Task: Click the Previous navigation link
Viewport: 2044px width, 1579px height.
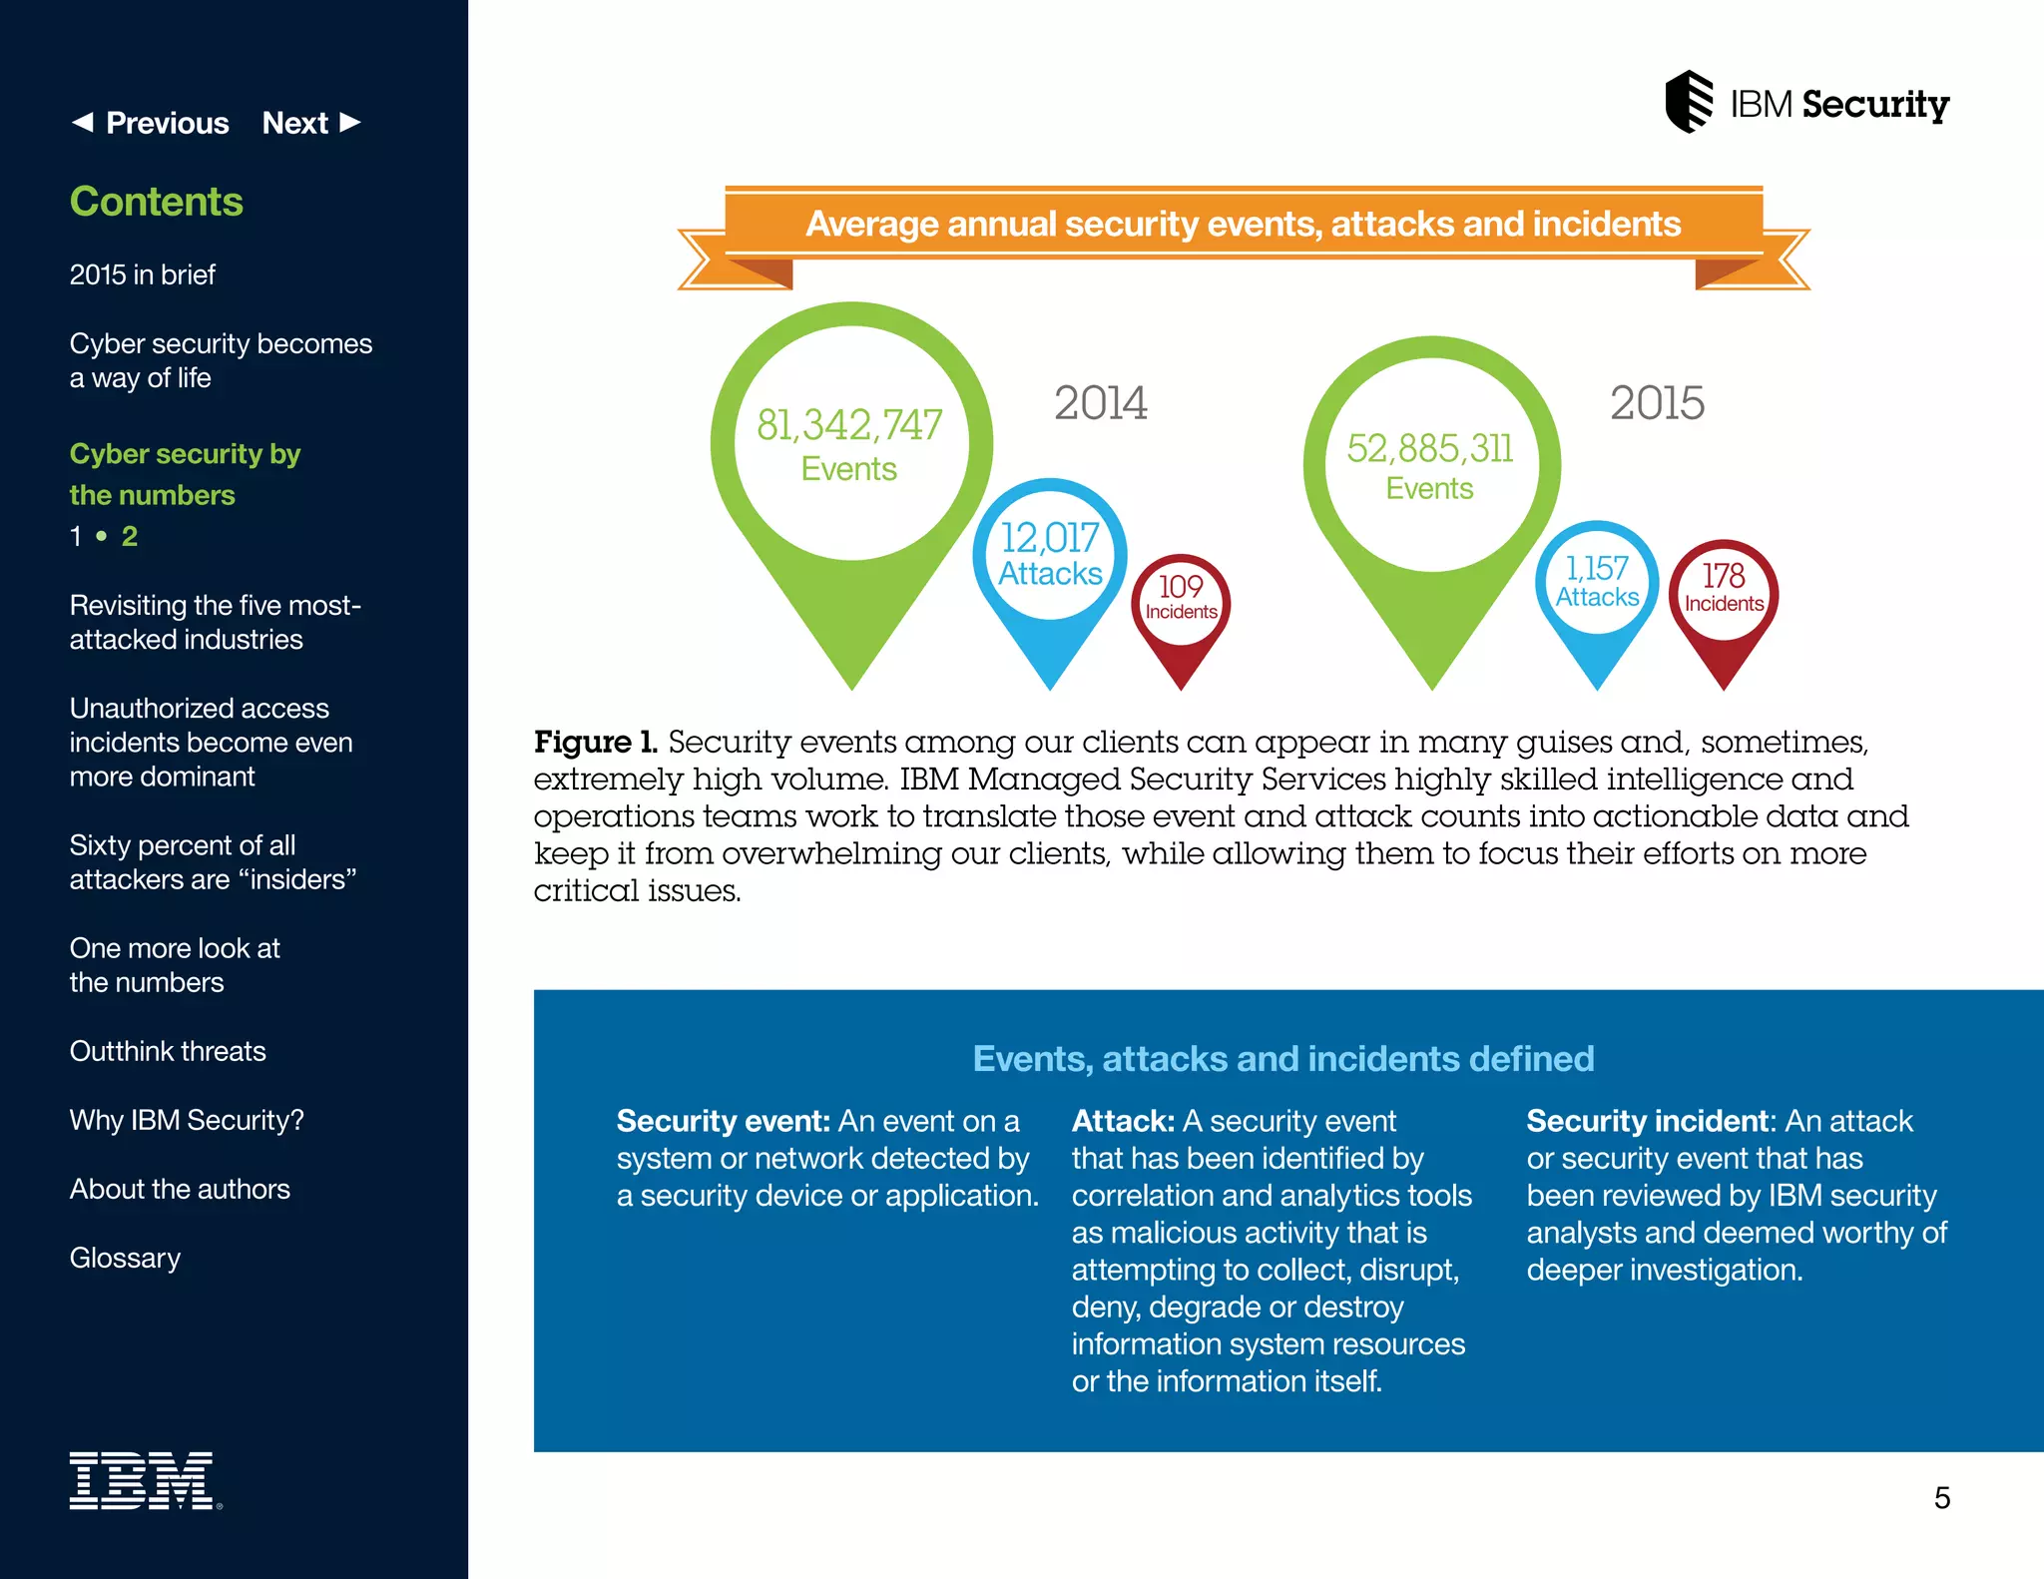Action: click(151, 123)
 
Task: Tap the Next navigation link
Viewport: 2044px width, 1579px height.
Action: click(310, 123)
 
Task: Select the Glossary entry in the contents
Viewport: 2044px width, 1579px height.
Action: click(125, 1258)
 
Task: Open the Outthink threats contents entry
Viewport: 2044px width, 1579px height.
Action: click(168, 1051)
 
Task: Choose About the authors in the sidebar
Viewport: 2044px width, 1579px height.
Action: click(180, 1189)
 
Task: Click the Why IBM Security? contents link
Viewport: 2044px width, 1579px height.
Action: click(187, 1120)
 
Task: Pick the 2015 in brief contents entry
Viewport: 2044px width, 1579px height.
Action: click(142, 274)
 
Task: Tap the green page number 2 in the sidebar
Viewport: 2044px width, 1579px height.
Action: click(130, 536)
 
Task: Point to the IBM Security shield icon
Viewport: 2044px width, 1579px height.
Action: click(1689, 102)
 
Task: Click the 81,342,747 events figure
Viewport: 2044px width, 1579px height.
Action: click(849, 426)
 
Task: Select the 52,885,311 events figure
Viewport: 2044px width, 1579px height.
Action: click(1429, 449)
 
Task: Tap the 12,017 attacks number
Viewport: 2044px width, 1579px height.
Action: click(1050, 539)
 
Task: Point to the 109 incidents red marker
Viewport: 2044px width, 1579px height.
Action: click(1181, 599)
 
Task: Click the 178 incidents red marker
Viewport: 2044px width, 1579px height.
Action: click(1724, 589)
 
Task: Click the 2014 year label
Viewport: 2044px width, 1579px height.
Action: click(1101, 403)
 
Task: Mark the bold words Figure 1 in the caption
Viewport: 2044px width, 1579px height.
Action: click(595, 742)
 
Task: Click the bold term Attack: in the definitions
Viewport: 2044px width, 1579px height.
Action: click(1123, 1121)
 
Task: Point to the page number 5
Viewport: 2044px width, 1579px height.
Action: click(1941, 1497)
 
